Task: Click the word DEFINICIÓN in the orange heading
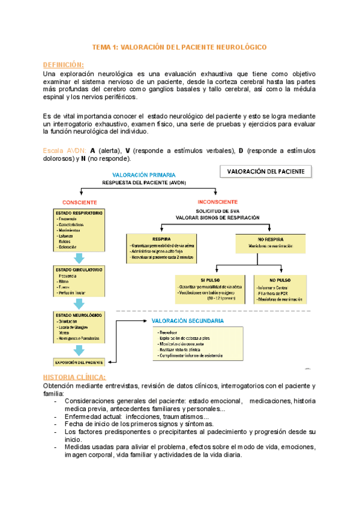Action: coord(64,64)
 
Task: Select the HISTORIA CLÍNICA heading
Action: coord(75,377)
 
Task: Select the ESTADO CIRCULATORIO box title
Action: coord(79,270)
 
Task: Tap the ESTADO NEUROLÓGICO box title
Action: coord(78,315)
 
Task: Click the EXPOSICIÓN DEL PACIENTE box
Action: coord(79,362)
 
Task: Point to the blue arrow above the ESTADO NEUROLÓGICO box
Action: coord(79,304)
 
